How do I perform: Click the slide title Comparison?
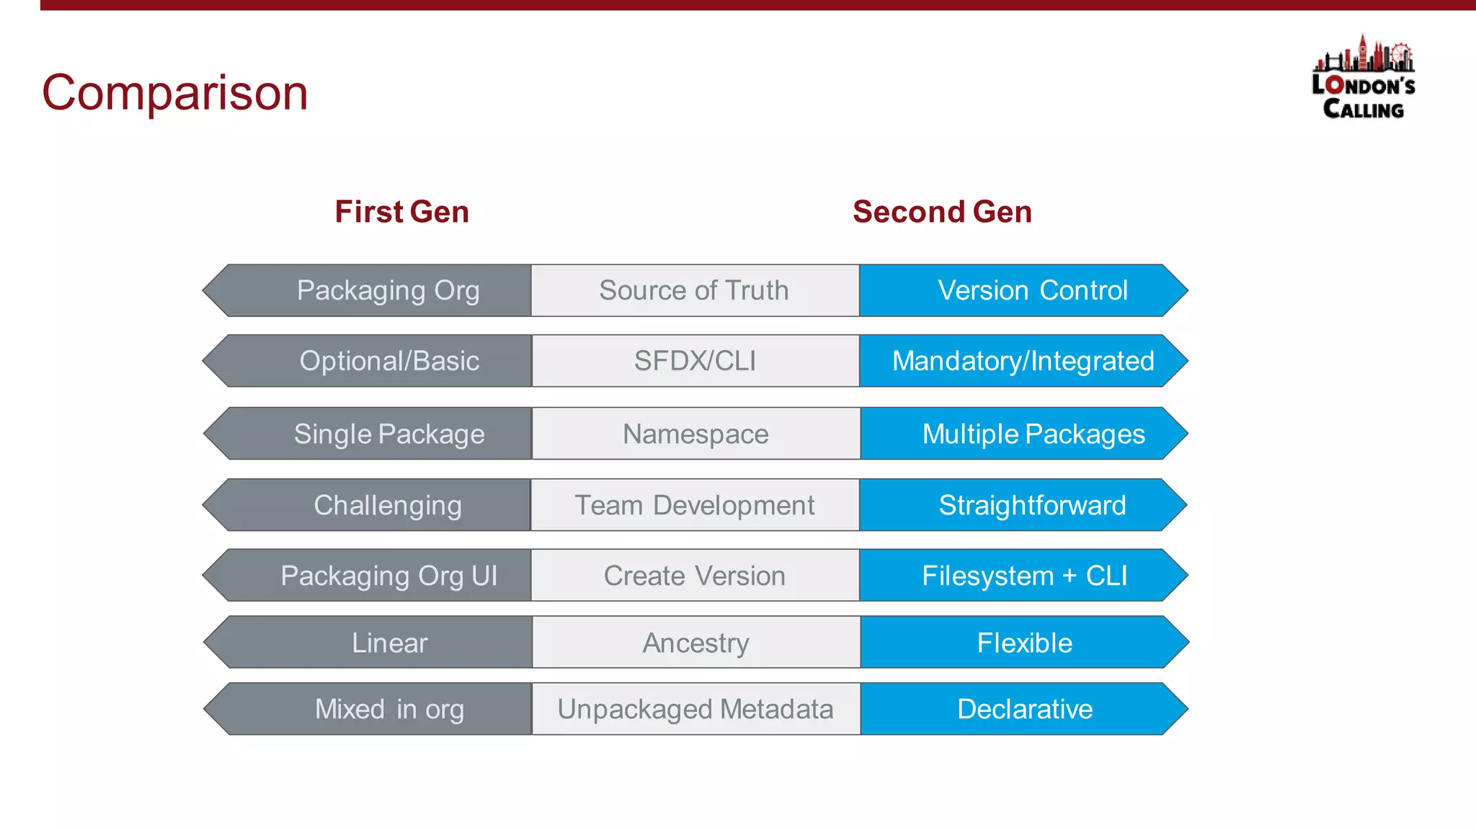[x=174, y=92]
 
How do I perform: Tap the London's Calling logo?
[x=1363, y=78]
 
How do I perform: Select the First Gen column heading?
[x=401, y=212]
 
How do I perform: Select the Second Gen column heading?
[x=942, y=212]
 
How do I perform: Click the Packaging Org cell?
[x=388, y=290]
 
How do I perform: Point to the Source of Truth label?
[x=694, y=290]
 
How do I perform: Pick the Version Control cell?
[x=1032, y=290]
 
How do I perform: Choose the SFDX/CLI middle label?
[x=695, y=361]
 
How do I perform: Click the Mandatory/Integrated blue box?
[x=1023, y=361]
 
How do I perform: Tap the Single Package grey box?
[x=389, y=434]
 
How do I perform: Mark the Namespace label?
[x=695, y=434]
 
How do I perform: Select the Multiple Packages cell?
[x=1033, y=434]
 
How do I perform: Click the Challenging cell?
[x=388, y=505]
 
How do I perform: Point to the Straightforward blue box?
[x=1032, y=505]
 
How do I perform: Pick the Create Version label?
[x=694, y=576]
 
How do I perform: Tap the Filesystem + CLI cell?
[x=1024, y=576]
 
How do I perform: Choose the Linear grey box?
[x=389, y=643]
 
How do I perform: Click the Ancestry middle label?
[x=695, y=643]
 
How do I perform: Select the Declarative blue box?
[x=1024, y=709]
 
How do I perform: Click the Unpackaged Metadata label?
[x=695, y=709]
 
